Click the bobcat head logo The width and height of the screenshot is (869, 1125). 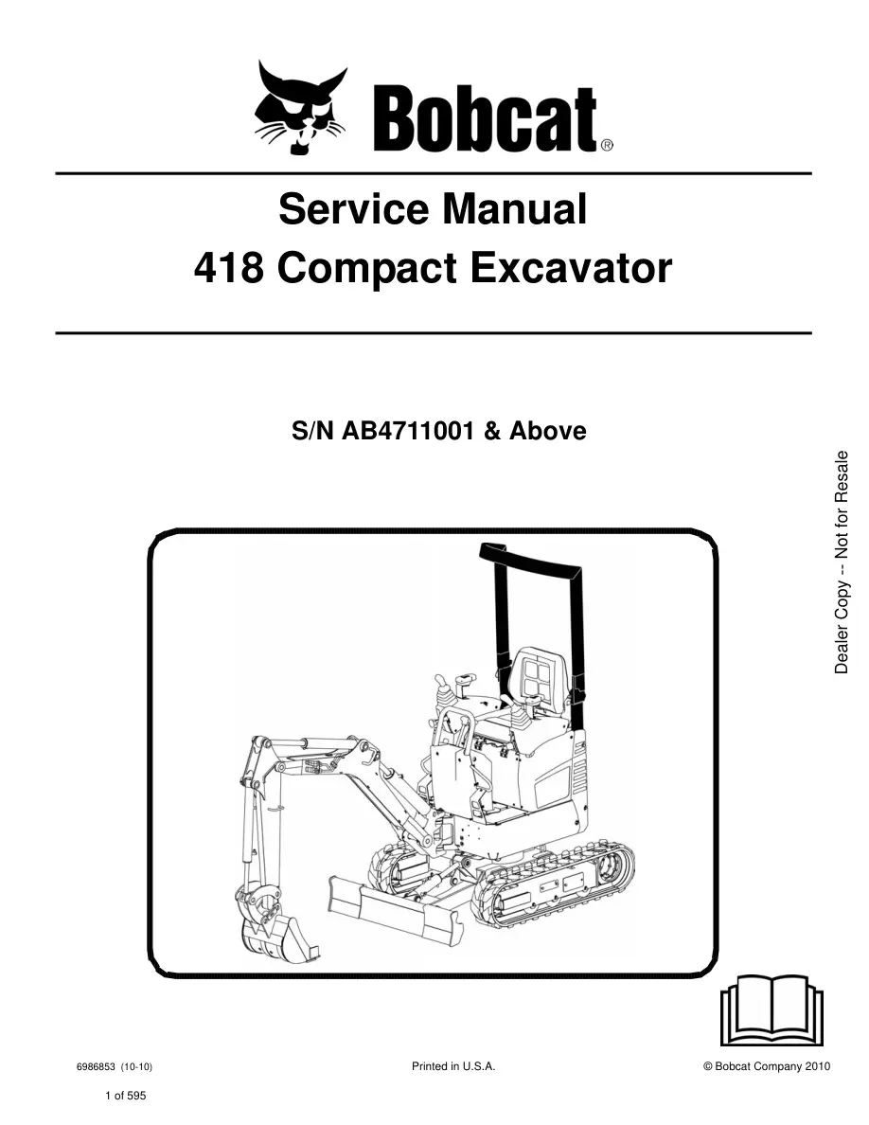click(x=300, y=108)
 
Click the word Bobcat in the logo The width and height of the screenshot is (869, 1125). click(x=486, y=119)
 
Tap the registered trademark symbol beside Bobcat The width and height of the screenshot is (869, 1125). click(x=606, y=146)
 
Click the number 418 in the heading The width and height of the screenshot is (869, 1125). click(x=228, y=268)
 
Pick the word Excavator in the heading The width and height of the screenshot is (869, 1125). click(x=572, y=268)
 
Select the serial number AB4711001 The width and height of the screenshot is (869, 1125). click(x=408, y=431)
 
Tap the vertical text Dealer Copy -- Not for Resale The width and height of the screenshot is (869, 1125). click(x=842, y=562)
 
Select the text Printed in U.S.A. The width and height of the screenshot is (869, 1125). click(x=453, y=1066)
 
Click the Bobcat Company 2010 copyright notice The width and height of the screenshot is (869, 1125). click(x=767, y=1066)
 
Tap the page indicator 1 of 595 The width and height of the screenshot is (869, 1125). click(x=126, y=1096)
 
